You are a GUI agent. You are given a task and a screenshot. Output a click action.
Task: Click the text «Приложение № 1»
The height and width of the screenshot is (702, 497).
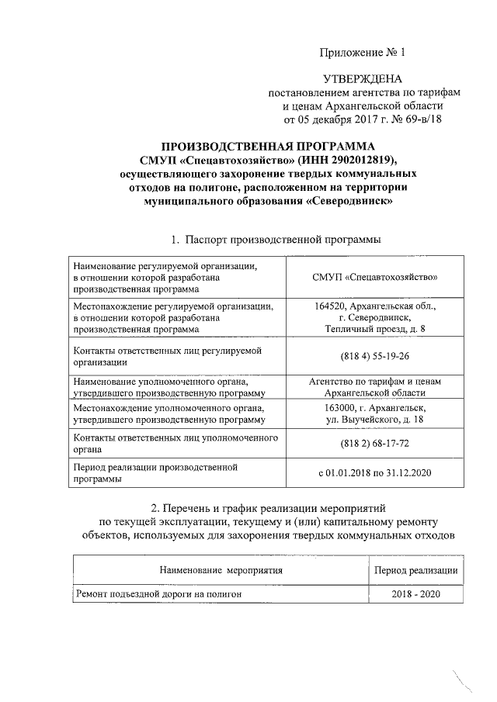pos(363,53)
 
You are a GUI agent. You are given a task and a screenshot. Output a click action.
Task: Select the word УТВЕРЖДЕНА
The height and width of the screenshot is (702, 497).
pos(363,79)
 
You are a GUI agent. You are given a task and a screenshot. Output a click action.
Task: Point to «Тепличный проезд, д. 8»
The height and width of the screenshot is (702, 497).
pos(375,330)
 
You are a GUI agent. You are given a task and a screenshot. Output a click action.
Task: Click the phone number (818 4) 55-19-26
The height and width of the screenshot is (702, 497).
pos(375,356)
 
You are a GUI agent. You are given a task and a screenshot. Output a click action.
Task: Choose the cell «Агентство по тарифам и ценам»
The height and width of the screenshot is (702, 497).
pos(375,382)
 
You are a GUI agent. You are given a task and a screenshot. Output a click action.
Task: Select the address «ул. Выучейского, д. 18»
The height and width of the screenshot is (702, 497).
pos(375,420)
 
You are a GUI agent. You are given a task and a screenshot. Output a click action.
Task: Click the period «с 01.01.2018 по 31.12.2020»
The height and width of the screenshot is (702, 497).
pos(375,472)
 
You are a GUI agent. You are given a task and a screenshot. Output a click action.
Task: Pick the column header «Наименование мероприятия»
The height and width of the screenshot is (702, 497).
pos(221,570)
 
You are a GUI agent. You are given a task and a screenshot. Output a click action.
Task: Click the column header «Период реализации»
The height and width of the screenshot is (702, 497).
pos(415,570)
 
